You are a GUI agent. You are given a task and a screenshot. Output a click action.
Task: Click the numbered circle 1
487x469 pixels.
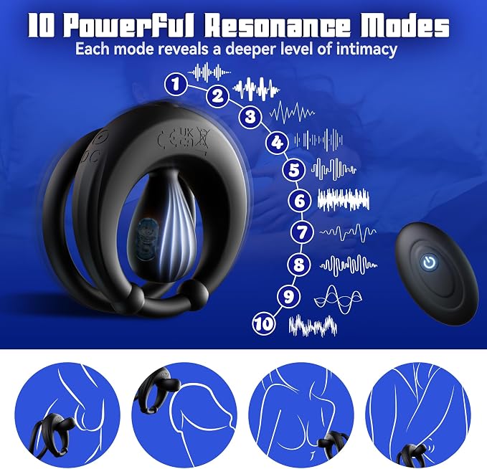tap(176, 84)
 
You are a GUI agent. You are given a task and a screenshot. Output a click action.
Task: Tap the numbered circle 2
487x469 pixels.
tap(218, 95)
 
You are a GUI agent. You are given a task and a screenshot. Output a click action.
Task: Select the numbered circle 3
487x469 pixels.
tap(250, 117)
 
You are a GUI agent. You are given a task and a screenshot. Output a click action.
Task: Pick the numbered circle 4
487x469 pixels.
tap(277, 143)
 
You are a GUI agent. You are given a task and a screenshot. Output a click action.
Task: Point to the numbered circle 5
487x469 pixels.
tap(294, 170)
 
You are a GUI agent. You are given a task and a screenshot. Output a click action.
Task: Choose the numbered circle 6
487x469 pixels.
tap(299, 201)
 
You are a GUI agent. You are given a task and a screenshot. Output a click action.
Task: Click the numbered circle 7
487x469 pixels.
tap(302, 232)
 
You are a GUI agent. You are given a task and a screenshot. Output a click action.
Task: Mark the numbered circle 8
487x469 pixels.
tap(298, 265)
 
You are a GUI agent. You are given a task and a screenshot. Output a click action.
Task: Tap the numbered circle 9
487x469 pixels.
tap(289, 296)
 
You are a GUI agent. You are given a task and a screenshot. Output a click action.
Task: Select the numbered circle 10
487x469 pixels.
tap(264, 323)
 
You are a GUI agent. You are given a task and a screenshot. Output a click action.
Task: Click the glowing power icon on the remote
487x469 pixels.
tap(430, 262)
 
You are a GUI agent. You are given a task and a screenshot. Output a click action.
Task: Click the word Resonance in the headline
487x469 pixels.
tap(276, 27)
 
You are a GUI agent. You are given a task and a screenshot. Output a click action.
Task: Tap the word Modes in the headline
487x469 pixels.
tap(405, 26)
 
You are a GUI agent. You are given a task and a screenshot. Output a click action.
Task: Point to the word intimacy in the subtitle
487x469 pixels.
tap(367, 49)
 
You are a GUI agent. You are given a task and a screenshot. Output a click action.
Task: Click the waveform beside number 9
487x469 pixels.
tap(338, 300)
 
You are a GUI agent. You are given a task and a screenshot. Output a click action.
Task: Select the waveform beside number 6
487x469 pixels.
tap(344, 199)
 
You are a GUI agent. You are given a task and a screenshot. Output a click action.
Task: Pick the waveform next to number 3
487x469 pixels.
tap(292, 112)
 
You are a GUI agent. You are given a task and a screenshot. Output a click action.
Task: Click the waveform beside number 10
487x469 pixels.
tap(313, 326)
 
